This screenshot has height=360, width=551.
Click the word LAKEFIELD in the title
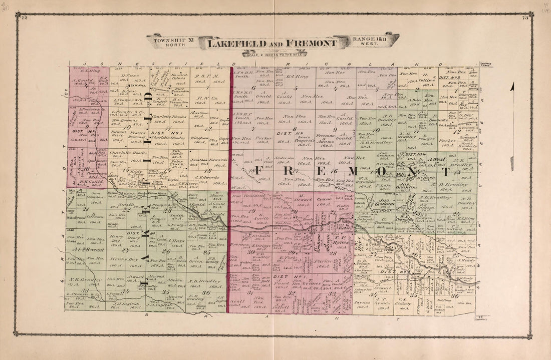coord(236,44)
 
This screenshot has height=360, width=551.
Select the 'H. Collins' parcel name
coord(427,78)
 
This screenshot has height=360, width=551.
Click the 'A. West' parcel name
coord(439,160)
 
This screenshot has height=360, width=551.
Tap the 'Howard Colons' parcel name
coord(179,77)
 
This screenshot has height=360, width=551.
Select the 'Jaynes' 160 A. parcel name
coord(361,302)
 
